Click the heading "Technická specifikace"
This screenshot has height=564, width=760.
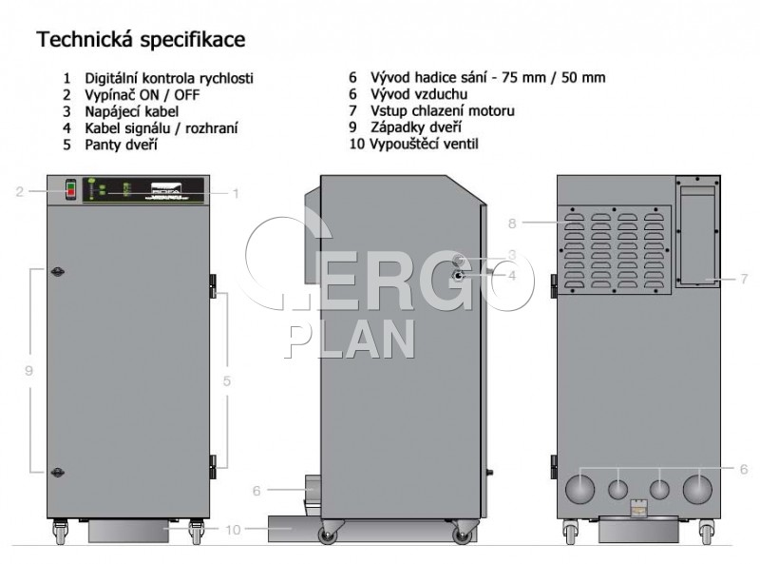141,40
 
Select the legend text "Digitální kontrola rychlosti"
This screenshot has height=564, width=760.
169,78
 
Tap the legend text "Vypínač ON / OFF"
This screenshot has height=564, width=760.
142,95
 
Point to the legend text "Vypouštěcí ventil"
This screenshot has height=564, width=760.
424,145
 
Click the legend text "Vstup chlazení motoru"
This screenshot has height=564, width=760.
443,111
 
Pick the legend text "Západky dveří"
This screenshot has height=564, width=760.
416,127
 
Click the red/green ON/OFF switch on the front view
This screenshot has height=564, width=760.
70,190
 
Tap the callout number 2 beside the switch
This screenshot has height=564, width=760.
19,192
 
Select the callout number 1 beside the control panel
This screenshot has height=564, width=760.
236,194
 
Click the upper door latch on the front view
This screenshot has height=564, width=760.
58,272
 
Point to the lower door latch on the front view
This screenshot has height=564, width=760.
58,472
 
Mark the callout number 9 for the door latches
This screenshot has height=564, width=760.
29,371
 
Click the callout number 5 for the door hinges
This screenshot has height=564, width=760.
227,381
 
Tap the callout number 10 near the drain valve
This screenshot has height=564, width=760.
233,530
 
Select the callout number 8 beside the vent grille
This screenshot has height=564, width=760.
512,224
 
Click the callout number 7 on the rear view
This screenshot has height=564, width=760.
744,279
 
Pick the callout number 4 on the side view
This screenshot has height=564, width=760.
512,276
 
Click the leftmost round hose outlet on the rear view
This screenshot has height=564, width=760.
579,489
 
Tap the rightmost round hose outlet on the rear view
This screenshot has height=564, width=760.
697,489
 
